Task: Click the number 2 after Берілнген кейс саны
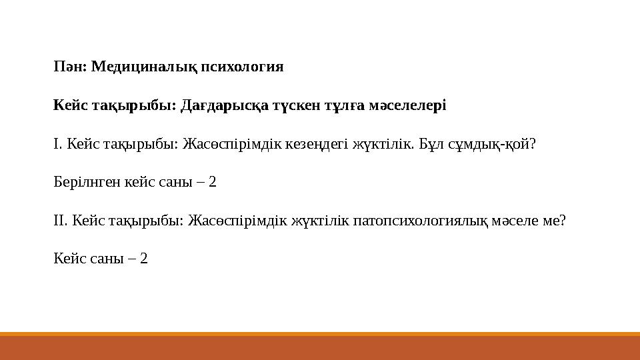[213, 183]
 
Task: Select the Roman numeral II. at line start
[59, 221]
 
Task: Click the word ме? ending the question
[556, 221]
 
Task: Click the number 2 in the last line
[144, 259]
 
